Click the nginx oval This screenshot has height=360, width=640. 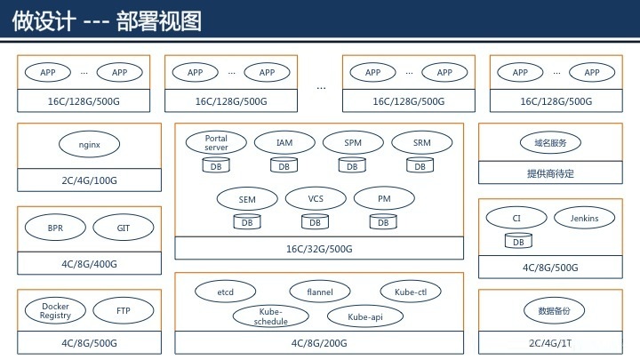pyautogui.click(x=90, y=145)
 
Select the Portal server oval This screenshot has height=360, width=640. pyautogui.click(x=216, y=142)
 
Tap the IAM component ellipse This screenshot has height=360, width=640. pyautogui.click(x=284, y=142)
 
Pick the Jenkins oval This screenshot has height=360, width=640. pyautogui.click(x=585, y=218)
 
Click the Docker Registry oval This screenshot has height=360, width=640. pyautogui.click(x=55, y=310)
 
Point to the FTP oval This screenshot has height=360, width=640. pyautogui.click(x=124, y=310)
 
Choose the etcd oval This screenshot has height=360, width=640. pyautogui.click(x=225, y=292)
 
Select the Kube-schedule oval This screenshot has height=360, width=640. pyautogui.click(x=270, y=316)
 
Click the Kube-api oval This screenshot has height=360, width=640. pyautogui.click(x=365, y=316)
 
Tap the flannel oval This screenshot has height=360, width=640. pyautogui.click(x=320, y=292)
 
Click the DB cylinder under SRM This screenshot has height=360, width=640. pyautogui.click(x=420, y=165)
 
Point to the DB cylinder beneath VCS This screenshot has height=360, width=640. pyautogui.click(x=315, y=221)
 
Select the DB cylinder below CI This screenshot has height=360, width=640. pyautogui.click(x=518, y=241)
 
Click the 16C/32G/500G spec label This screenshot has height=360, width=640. pyautogui.click(x=319, y=249)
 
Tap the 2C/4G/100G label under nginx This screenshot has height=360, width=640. pyautogui.click(x=90, y=180)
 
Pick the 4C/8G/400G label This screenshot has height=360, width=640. pyautogui.click(x=90, y=264)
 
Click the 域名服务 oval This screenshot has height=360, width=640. pyautogui.click(x=550, y=142)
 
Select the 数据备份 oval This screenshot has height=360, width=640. pyautogui.click(x=554, y=310)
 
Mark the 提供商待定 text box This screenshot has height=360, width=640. pyautogui.click(x=550, y=172)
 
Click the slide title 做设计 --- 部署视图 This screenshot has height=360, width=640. pyautogui.click(x=107, y=20)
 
